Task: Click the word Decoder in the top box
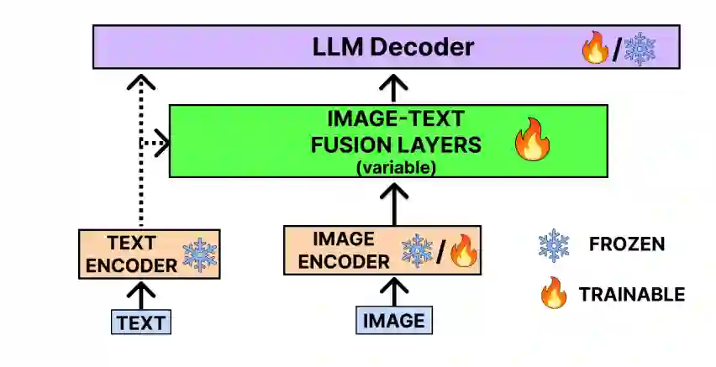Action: (429, 46)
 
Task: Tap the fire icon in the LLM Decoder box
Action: (595, 49)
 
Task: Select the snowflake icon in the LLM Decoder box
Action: (638, 49)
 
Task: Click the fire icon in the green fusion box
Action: (532, 139)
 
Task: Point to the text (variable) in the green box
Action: (396, 166)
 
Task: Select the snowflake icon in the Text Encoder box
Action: (200, 255)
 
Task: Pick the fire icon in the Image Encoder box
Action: (463, 250)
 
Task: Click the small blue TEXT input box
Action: (141, 322)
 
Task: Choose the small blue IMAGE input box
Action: (394, 321)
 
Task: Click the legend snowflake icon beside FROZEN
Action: (554, 245)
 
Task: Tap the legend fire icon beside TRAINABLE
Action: (554, 294)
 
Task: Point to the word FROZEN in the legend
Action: (627, 245)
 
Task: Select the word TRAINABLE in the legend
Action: (631, 295)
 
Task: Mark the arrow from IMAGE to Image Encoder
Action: (394, 293)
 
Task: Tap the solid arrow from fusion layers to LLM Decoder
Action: (394, 87)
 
